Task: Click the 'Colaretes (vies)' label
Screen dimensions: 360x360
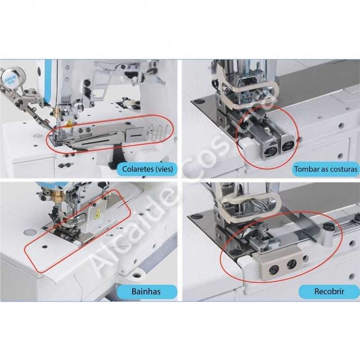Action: click(x=147, y=169)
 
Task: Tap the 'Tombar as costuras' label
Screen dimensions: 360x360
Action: click(x=325, y=169)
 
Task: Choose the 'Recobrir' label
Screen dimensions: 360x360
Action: click(x=329, y=292)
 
